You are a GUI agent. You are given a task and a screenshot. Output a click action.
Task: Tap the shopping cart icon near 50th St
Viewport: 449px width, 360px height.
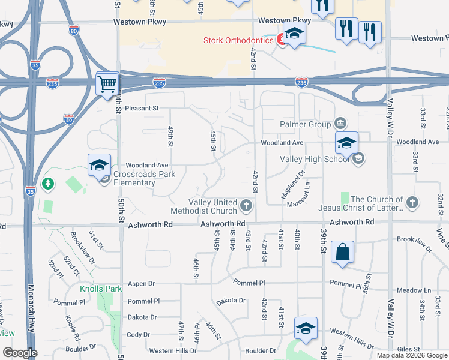tap(107, 84)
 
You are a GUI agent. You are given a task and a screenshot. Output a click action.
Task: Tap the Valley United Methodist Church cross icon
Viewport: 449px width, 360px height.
tap(246, 206)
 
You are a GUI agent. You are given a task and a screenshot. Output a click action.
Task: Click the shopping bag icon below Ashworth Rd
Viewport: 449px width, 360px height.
tap(342, 253)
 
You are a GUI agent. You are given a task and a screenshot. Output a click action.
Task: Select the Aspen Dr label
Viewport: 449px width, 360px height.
tap(141, 283)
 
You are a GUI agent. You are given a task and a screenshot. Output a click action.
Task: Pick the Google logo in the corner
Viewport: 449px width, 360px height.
tap(20, 353)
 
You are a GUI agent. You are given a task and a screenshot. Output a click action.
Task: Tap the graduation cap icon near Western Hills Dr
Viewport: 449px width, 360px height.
tap(306, 329)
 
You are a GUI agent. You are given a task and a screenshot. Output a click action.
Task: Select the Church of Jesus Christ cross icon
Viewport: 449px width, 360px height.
tap(412, 203)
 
